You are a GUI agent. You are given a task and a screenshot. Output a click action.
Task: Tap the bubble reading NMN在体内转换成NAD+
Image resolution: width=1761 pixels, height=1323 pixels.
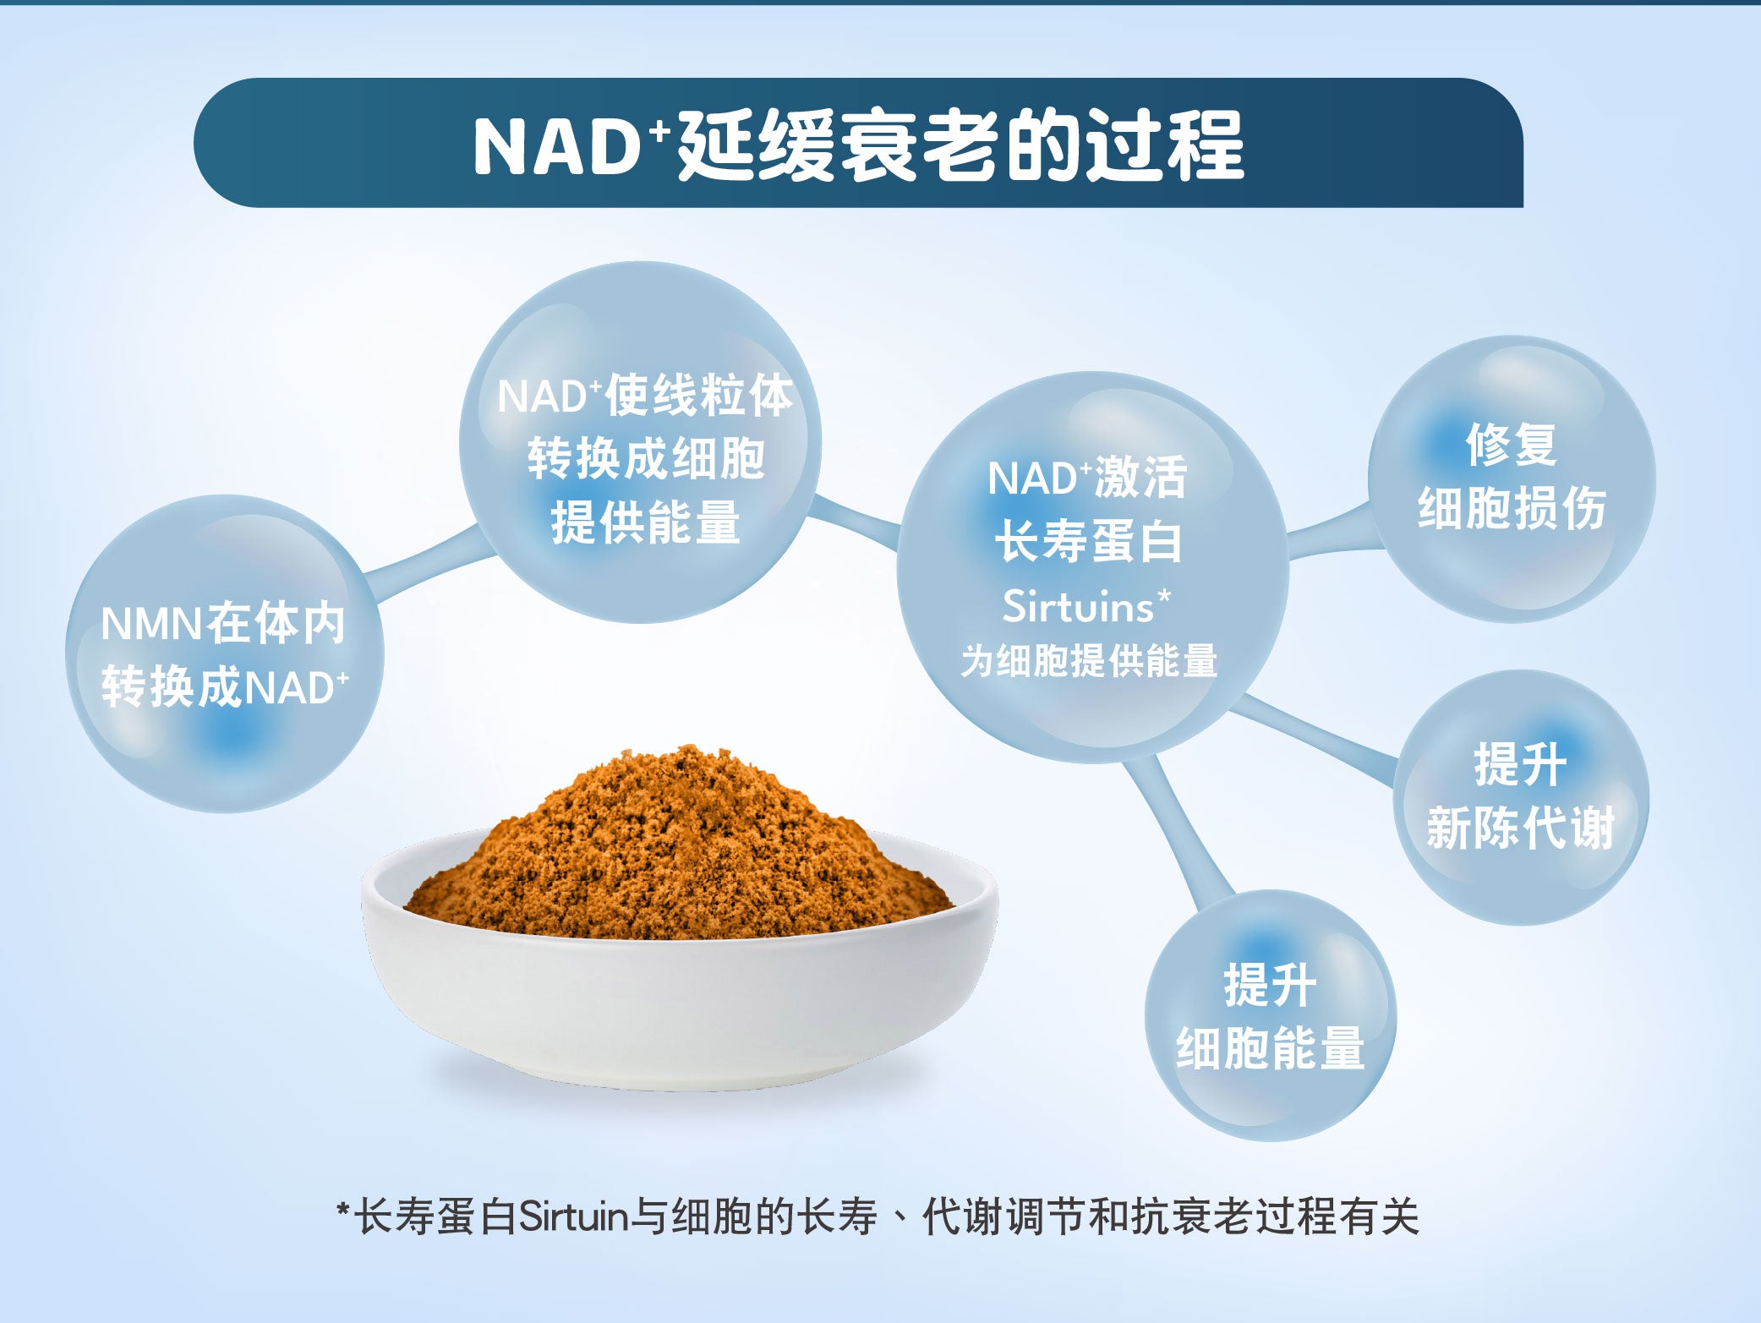tap(225, 653)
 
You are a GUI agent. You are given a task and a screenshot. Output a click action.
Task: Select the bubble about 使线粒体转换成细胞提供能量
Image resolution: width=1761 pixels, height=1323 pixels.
tap(640, 442)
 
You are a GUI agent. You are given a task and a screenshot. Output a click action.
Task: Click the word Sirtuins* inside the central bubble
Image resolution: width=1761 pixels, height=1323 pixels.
tap(1087, 605)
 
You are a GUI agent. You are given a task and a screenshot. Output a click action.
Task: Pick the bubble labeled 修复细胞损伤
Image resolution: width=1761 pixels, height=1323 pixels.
tap(1512, 479)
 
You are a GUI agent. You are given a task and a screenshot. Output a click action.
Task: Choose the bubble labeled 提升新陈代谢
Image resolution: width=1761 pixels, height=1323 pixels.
tap(1521, 797)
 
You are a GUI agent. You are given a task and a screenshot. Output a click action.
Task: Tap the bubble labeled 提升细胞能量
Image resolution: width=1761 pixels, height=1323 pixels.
tap(1270, 1014)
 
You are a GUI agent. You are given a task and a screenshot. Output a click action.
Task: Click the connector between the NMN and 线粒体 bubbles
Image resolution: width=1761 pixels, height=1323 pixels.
tap(429, 562)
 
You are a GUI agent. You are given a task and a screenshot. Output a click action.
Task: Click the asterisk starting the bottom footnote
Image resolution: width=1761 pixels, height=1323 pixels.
tap(343, 1209)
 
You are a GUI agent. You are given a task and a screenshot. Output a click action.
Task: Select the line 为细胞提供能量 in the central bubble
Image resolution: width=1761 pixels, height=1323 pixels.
tap(1088, 660)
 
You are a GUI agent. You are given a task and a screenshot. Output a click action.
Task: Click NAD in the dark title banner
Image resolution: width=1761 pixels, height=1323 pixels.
tap(555, 146)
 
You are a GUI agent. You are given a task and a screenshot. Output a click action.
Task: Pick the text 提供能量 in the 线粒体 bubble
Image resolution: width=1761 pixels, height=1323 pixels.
tap(645, 522)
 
